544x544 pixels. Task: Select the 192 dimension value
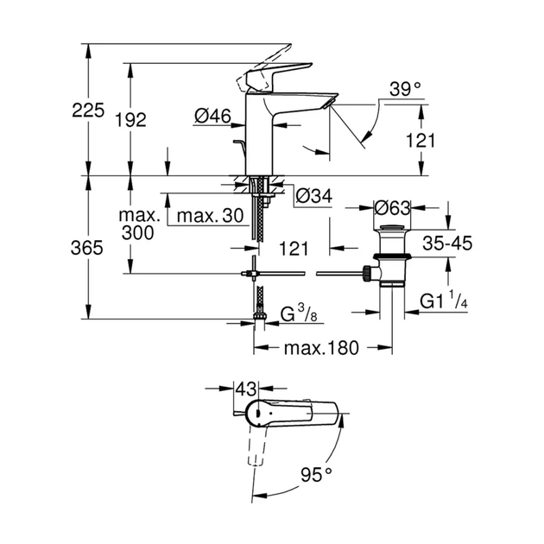tap(130, 120)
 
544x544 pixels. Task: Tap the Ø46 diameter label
tap(212, 117)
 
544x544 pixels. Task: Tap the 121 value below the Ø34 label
tap(294, 249)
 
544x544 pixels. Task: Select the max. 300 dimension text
tap(138, 225)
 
